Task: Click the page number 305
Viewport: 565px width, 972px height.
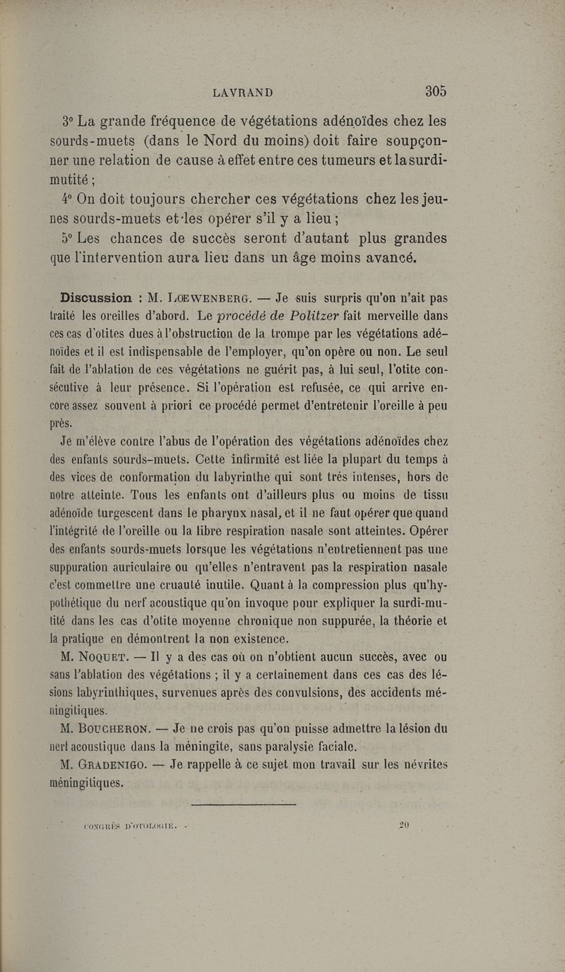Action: (436, 91)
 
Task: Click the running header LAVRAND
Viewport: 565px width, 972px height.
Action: (242, 93)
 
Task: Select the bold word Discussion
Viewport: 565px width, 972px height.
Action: (96, 298)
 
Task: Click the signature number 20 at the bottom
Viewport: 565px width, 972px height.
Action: (404, 823)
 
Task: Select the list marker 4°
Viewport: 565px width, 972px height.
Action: (69, 199)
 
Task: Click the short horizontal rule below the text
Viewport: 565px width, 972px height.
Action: (243, 803)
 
